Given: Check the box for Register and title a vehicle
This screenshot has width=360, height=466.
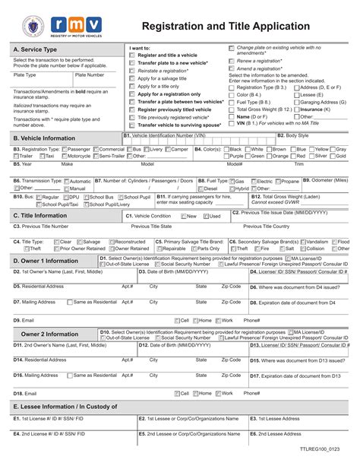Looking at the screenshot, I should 133,55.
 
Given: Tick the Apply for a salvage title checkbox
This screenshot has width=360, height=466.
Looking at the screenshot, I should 133,78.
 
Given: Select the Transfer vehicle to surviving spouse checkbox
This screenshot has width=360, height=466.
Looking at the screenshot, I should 133,124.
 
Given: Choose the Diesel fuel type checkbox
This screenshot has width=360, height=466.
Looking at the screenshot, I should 201,189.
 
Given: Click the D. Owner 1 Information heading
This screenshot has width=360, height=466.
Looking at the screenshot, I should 46,261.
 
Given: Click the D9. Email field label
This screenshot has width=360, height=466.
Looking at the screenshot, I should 23,320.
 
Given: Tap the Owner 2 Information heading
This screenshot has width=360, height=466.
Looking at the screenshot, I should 49,334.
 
